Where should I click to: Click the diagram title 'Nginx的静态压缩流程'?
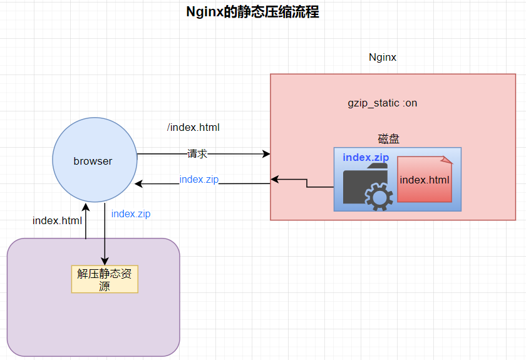pos(252,12)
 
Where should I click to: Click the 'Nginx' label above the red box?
pos(382,58)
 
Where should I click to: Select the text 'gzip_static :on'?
pos(382,103)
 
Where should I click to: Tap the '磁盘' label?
pos(388,138)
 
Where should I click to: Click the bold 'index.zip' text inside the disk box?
pos(366,157)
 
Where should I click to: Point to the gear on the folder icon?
pos(378,197)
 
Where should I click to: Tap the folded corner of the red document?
pos(446,161)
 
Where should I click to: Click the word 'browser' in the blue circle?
pos(93,161)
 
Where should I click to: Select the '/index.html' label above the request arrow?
pos(193,128)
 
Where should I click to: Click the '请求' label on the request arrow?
pos(197,153)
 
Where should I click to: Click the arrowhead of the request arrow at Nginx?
pos(266,153)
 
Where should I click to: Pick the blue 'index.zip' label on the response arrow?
pos(199,180)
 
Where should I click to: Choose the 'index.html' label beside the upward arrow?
pos(57,221)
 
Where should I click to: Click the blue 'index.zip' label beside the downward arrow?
pos(130,214)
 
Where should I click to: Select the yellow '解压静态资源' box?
pos(105,280)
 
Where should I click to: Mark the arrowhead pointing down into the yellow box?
pos(105,261)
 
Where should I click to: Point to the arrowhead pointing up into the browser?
pos(85,206)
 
